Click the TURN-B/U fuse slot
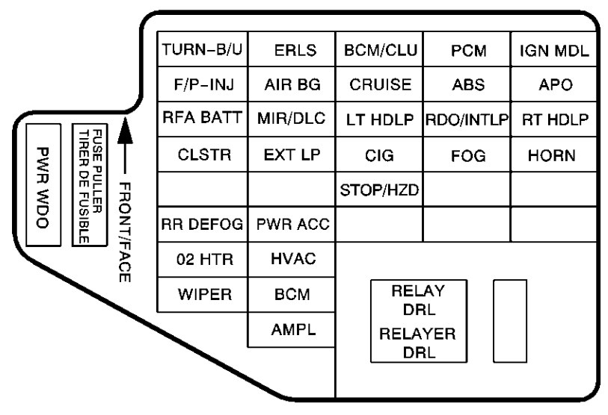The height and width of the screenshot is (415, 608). [x=202, y=51]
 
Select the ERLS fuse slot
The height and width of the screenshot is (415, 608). [x=291, y=51]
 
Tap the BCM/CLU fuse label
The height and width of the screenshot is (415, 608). [x=378, y=51]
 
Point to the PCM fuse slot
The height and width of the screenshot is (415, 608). [x=467, y=51]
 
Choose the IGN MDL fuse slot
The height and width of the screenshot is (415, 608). [x=554, y=51]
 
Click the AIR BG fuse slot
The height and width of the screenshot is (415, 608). [x=291, y=85]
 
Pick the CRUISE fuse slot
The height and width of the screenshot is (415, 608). [x=378, y=85]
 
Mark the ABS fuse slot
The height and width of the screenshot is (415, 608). [x=467, y=85]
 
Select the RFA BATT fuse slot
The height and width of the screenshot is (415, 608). [x=202, y=119]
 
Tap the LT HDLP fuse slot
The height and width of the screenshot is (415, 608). [x=378, y=119]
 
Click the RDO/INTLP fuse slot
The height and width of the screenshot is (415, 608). [x=467, y=119]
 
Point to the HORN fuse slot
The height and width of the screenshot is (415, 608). [x=554, y=156]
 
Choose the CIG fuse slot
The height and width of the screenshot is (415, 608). [x=378, y=156]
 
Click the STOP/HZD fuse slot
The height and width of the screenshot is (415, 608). [x=378, y=190]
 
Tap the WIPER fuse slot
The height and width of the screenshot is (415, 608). [x=202, y=294]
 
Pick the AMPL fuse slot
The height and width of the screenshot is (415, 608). [x=291, y=329]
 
